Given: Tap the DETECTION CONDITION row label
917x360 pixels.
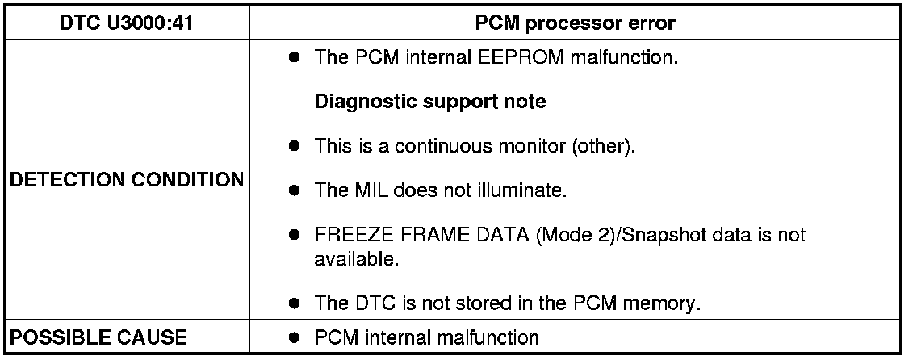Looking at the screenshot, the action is [x=127, y=179].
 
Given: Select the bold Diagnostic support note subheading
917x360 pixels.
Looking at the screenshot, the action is [x=429, y=103].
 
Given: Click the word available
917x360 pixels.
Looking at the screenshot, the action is [x=346, y=260].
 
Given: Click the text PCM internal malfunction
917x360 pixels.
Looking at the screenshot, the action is [x=425, y=337].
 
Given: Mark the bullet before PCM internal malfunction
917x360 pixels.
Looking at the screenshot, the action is [x=295, y=337].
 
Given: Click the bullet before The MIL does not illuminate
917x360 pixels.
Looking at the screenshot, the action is [x=295, y=191].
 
